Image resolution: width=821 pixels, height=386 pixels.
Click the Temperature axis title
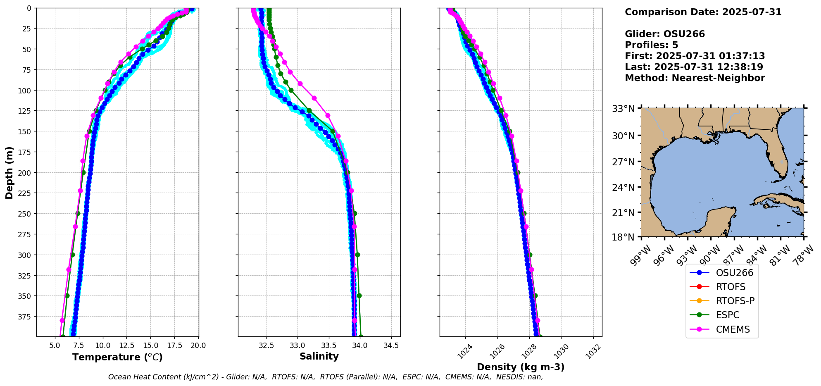pyautogui.click(x=117, y=357)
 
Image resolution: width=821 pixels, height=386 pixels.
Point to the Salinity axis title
pyautogui.click(x=319, y=356)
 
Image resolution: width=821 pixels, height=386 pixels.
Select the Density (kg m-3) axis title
pyautogui.click(x=521, y=367)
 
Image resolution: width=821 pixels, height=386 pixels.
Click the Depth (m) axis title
pyautogui.click(x=9, y=172)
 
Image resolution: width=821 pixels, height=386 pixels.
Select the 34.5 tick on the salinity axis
pyautogui.click(x=391, y=345)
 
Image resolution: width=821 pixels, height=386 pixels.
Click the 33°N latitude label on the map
pyautogui.click(x=623, y=109)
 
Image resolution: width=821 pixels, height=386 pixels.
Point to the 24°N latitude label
pyautogui.click(x=623, y=187)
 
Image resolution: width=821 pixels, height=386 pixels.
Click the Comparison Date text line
pyautogui.click(x=703, y=12)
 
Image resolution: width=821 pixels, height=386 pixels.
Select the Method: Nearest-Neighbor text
pyautogui.click(x=695, y=78)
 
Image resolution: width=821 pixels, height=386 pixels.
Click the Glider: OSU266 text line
pyautogui.click(x=664, y=34)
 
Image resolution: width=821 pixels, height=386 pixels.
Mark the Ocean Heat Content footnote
pyautogui.click(x=325, y=377)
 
